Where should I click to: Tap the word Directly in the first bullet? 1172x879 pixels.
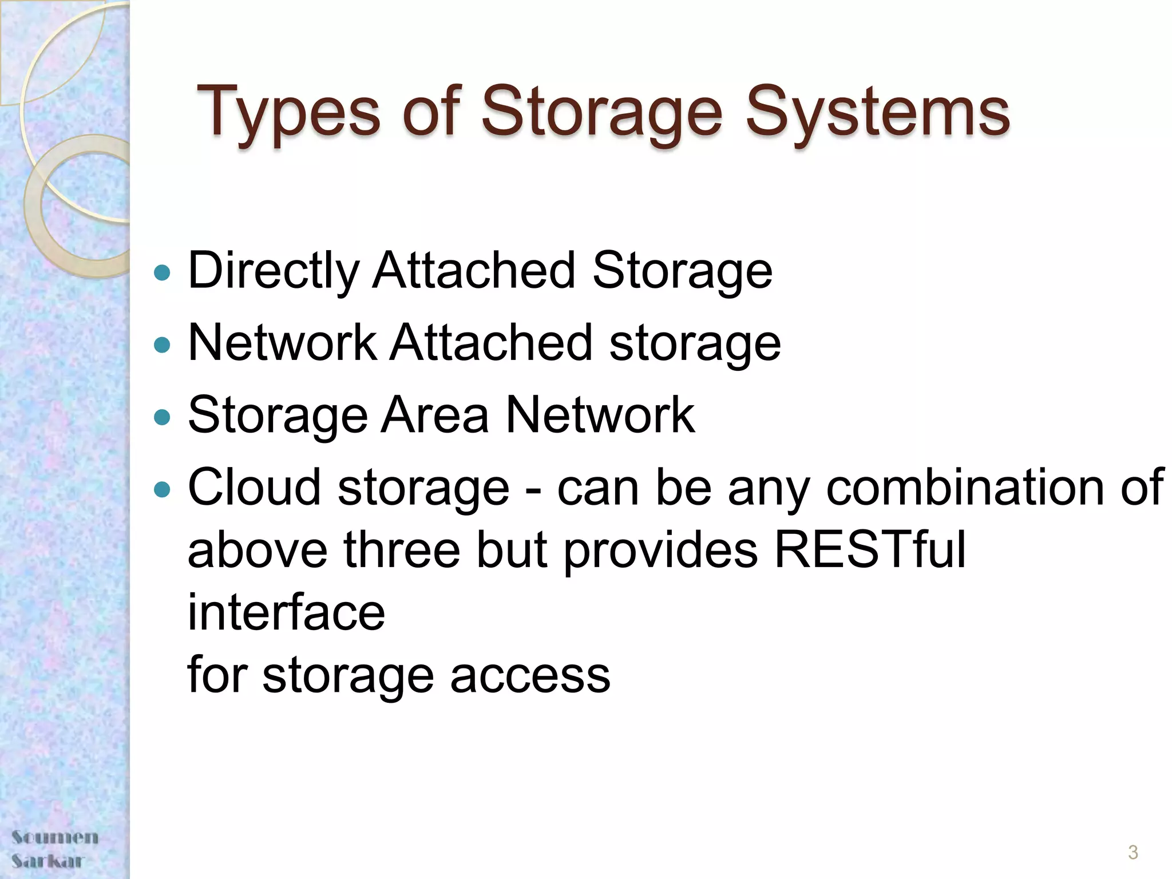coord(274,271)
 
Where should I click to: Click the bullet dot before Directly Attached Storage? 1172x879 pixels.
coord(163,272)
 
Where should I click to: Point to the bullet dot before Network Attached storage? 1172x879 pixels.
coord(163,345)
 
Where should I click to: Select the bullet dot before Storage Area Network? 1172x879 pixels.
coord(163,417)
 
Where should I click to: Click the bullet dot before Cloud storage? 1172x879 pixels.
coord(163,489)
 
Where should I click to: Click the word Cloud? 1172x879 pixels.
coord(254,487)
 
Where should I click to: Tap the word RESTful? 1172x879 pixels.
coord(870,550)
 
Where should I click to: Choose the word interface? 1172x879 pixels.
coord(286,612)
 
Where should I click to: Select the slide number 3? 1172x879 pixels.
coord(1133,853)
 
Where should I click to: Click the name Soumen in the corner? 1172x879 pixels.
coord(55,838)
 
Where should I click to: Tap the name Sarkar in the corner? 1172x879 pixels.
coord(48,861)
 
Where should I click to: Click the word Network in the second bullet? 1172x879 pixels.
coord(282,343)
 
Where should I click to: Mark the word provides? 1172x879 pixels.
coord(661,550)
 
